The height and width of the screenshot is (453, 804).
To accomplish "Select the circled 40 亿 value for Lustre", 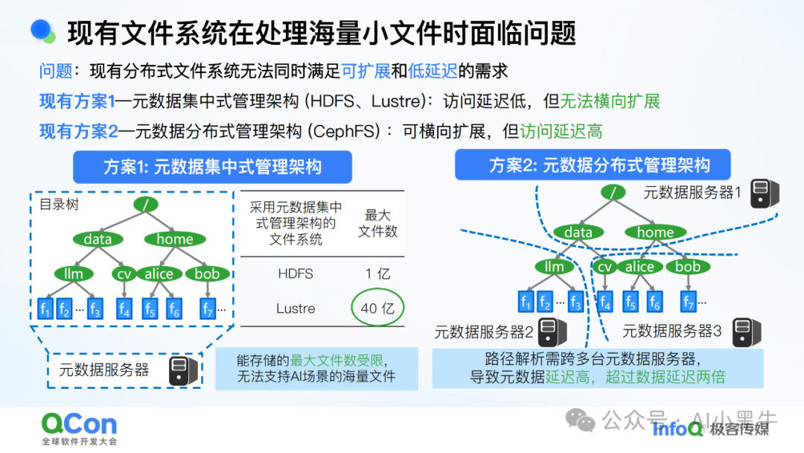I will click(x=377, y=308).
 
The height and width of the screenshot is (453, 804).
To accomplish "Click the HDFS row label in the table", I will click(x=296, y=273).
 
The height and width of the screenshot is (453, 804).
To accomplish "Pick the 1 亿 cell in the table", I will click(x=377, y=273).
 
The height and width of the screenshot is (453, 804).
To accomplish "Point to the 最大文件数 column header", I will click(x=377, y=223).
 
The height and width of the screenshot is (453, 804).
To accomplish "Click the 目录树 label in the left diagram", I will click(x=59, y=204).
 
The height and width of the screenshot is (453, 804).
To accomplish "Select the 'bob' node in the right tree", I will click(x=687, y=267).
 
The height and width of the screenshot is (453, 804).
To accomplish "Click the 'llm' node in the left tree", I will click(x=74, y=274).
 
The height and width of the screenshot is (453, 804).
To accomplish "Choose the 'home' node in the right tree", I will click(x=654, y=232).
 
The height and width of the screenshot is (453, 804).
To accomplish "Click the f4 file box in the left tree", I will click(x=124, y=308).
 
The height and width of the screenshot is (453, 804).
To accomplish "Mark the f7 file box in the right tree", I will click(x=689, y=302).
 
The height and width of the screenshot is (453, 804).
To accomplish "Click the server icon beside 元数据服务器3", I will click(x=744, y=332).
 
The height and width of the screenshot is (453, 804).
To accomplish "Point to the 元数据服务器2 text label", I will click(x=484, y=332).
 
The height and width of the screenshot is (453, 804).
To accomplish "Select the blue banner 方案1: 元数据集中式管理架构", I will click(x=212, y=166).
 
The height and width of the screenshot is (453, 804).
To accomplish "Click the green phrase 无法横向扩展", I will click(x=610, y=101).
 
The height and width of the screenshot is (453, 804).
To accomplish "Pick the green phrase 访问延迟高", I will click(x=561, y=132).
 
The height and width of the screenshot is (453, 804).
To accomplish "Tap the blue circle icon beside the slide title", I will click(x=44, y=31).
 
